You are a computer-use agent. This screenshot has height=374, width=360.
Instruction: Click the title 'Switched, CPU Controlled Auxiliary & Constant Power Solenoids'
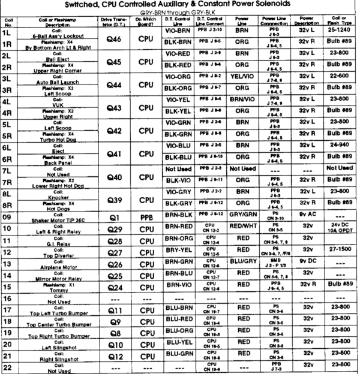click(x=180, y=5)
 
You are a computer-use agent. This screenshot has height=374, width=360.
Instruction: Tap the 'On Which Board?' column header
click(x=147, y=22)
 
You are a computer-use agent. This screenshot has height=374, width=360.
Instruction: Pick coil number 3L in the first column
click(x=9, y=80)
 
